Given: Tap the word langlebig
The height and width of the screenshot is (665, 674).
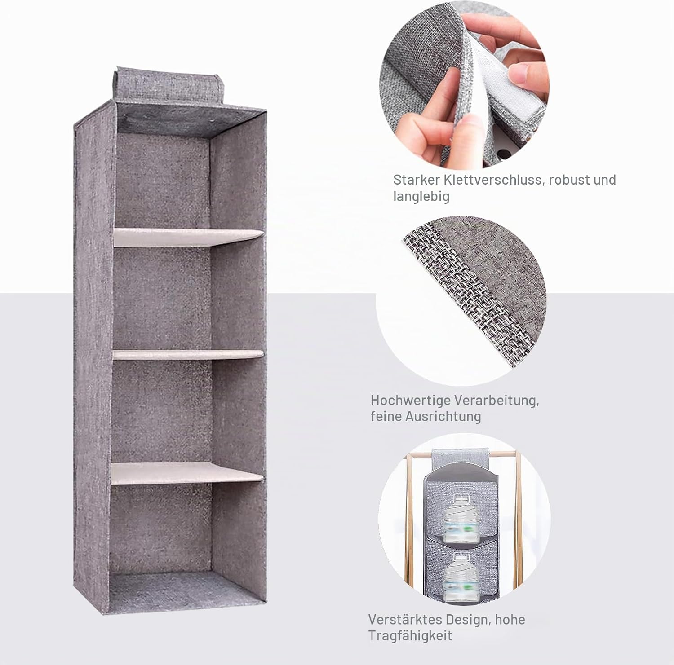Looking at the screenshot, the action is pos(421,197).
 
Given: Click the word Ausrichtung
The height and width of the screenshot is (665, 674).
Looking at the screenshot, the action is pos(443,416).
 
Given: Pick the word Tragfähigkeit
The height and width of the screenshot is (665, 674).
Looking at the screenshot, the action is pos(410,636).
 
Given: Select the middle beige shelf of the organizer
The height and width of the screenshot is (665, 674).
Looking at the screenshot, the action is pos(188,354).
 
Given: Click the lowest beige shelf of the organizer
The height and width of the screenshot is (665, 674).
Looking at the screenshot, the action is pos(187,473).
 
